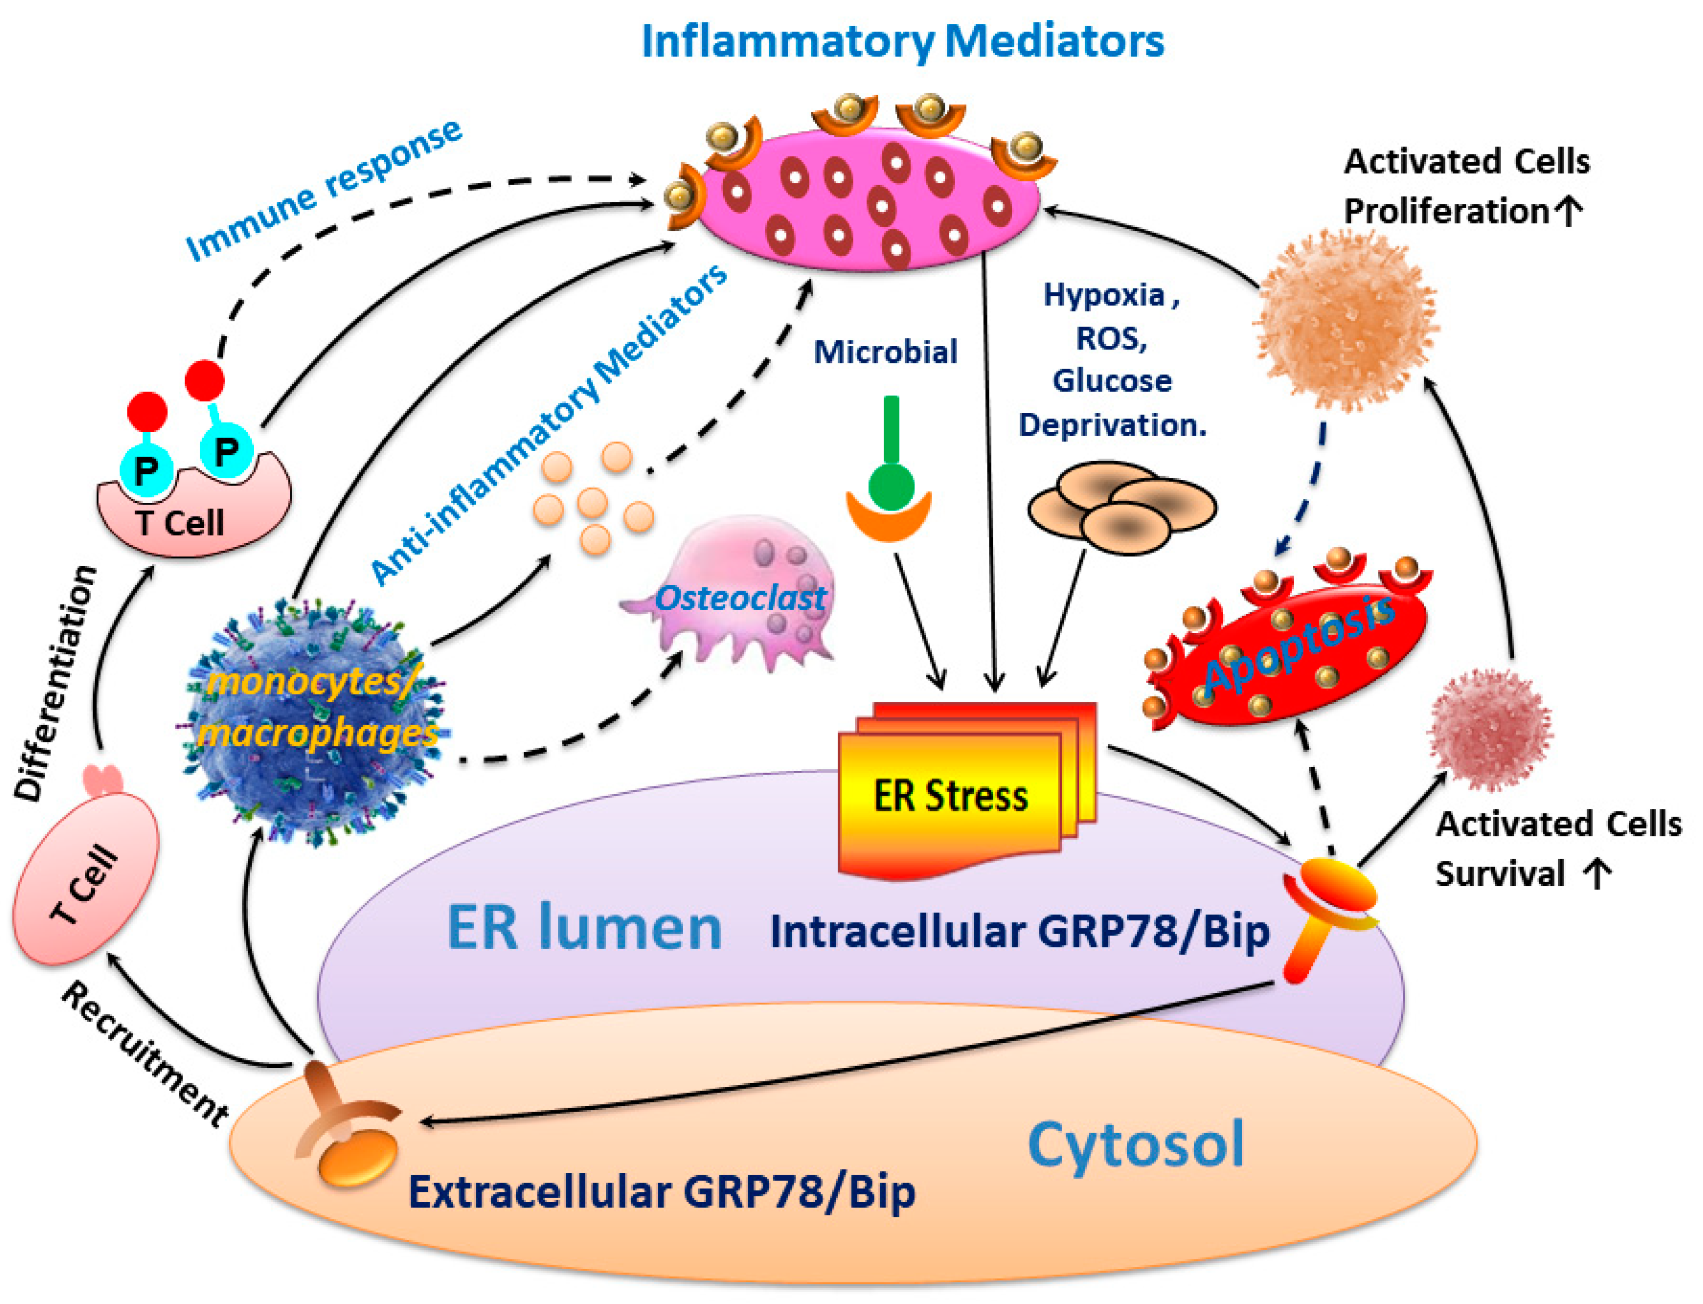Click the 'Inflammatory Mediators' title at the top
(x=902, y=42)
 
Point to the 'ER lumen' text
(x=584, y=927)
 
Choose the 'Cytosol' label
(x=1136, y=1145)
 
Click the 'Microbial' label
(x=885, y=352)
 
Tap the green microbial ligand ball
(x=891, y=485)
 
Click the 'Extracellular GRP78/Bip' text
(x=662, y=1191)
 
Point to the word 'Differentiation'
(x=56, y=683)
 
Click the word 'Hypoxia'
(x=1103, y=295)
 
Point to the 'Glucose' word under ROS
(x=1112, y=381)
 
